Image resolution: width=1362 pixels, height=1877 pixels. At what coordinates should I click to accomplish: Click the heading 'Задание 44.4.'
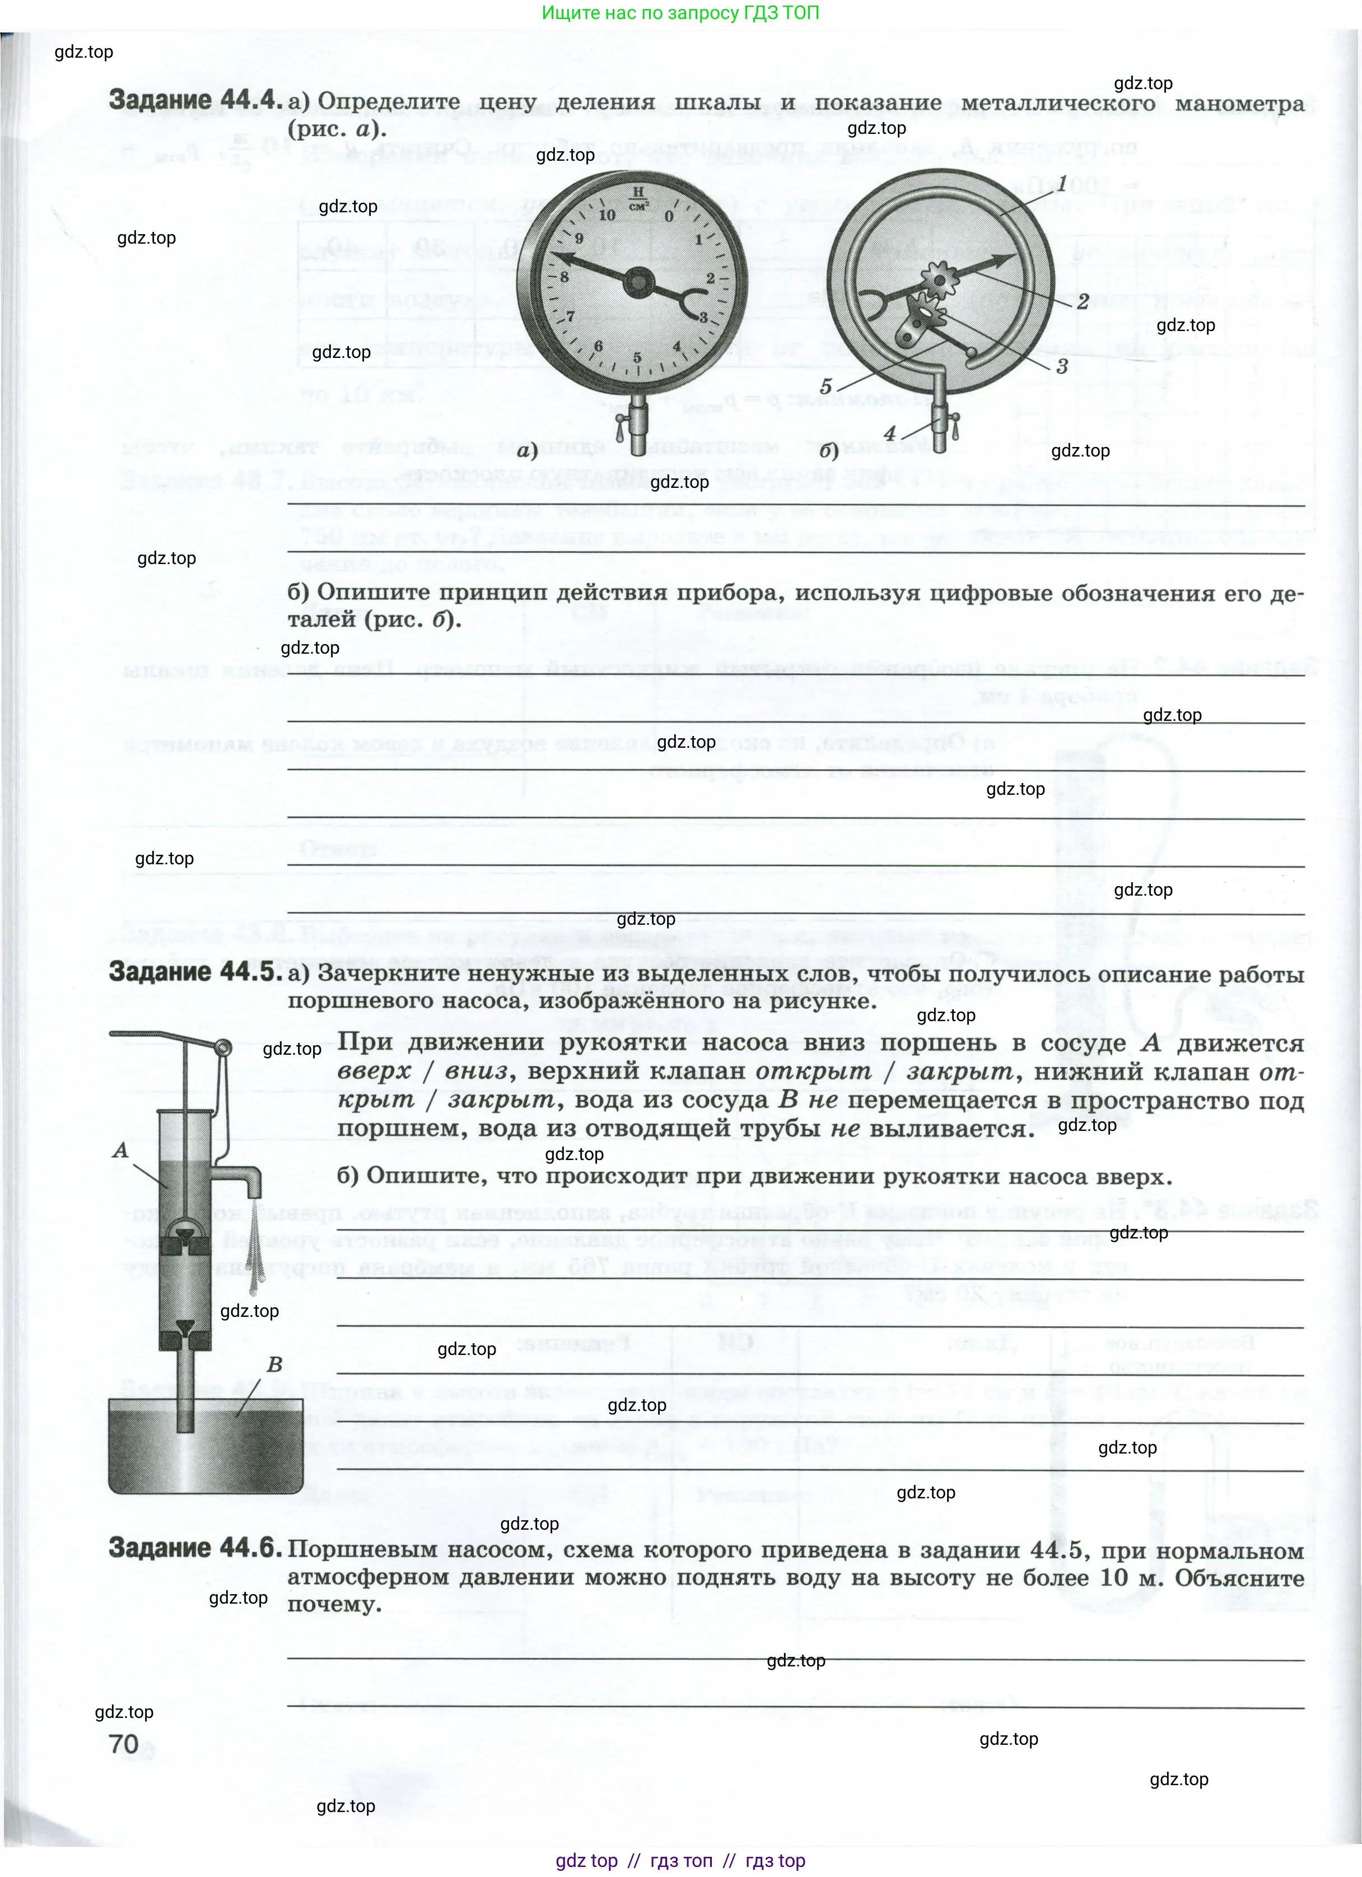pos(192,100)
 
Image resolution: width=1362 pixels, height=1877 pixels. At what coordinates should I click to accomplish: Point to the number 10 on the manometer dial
pos(607,215)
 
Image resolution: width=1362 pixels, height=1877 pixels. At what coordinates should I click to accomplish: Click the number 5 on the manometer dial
pos(637,357)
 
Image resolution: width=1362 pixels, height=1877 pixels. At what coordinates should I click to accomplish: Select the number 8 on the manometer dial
pos(565,277)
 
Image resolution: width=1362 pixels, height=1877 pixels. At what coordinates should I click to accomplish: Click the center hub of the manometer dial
pos(638,283)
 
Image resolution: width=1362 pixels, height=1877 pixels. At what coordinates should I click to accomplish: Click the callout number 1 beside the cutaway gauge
pos(1062,184)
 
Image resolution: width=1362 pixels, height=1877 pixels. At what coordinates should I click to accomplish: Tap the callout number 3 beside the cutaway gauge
pos(1062,366)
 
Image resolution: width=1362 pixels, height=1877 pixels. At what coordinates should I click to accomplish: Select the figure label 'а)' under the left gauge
pos(527,450)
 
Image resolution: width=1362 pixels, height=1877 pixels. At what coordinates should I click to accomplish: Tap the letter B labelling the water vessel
pos(275,1364)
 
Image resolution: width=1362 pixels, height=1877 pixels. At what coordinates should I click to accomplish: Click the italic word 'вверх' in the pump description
pos(374,1072)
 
